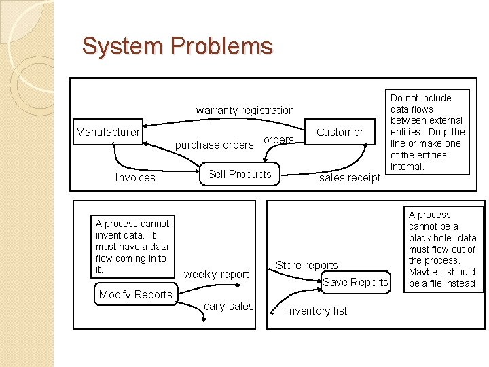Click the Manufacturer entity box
[108, 132]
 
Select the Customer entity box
[340, 132]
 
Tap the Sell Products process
[240, 174]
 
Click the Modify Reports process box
[136, 294]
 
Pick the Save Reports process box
[355, 282]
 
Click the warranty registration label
[244, 111]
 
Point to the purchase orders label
[214, 145]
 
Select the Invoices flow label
[135, 177]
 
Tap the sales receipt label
[350, 178]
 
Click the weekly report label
[216, 275]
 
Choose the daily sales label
[229, 306]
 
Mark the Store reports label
[307, 265]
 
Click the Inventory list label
[316, 311]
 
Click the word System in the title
[122, 46]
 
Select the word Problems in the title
[221, 46]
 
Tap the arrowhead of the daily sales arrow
[204, 319]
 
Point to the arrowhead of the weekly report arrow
[238, 285]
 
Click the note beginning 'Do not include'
[427, 133]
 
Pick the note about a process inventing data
[132, 246]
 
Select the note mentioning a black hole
[443, 249]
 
